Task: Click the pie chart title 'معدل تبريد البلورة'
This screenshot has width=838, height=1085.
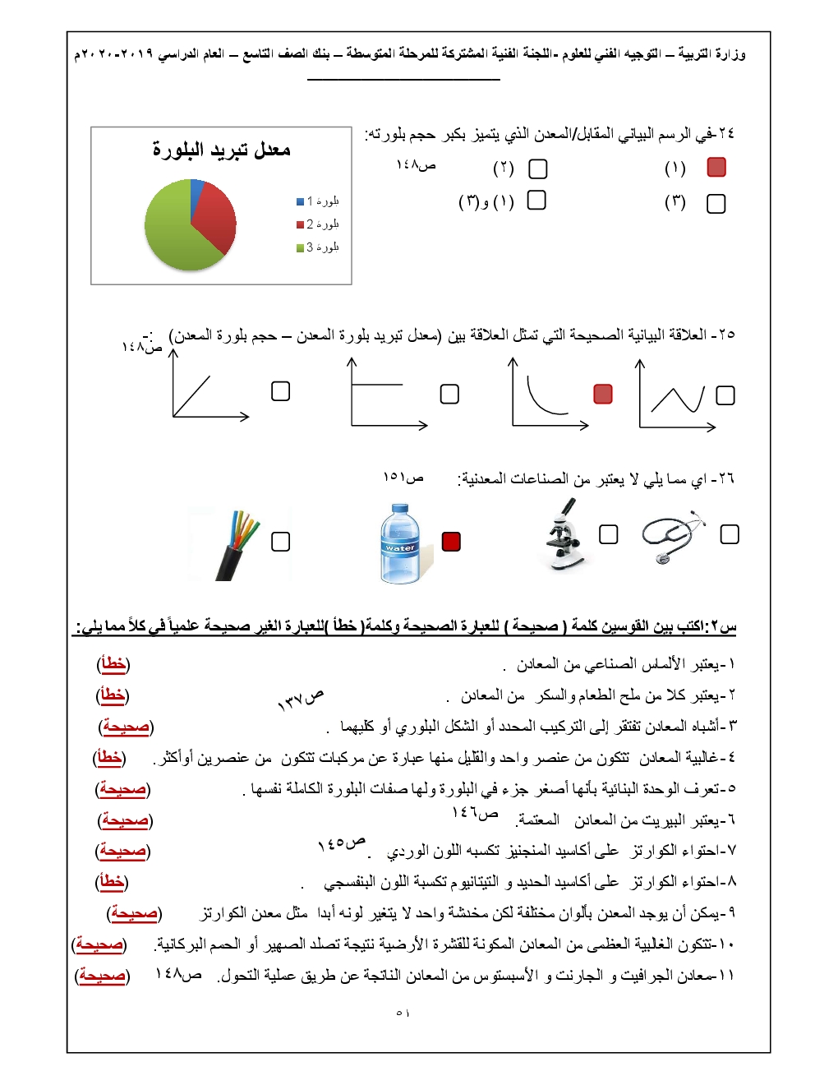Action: tap(221, 150)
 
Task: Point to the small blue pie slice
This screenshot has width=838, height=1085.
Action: tap(197, 189)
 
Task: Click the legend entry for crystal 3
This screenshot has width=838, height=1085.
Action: tap(318, 247)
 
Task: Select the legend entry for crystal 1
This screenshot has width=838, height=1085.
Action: tap(318, 201)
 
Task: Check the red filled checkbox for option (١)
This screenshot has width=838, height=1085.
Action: tap(716, 168)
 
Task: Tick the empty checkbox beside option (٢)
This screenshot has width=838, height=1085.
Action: tap(538, 169)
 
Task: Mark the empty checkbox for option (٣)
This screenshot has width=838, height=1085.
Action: tap(716, 204)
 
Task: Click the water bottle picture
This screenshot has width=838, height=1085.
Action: tap(400, 544)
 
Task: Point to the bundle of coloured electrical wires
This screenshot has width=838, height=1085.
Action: tap(235, 544)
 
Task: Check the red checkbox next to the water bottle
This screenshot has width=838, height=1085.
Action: tap(451, 542)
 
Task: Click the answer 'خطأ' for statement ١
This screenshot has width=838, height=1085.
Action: tap(113, 664)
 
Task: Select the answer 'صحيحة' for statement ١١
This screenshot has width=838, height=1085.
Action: tap(102, 976)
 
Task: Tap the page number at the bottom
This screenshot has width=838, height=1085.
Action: tap(403, 1013)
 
